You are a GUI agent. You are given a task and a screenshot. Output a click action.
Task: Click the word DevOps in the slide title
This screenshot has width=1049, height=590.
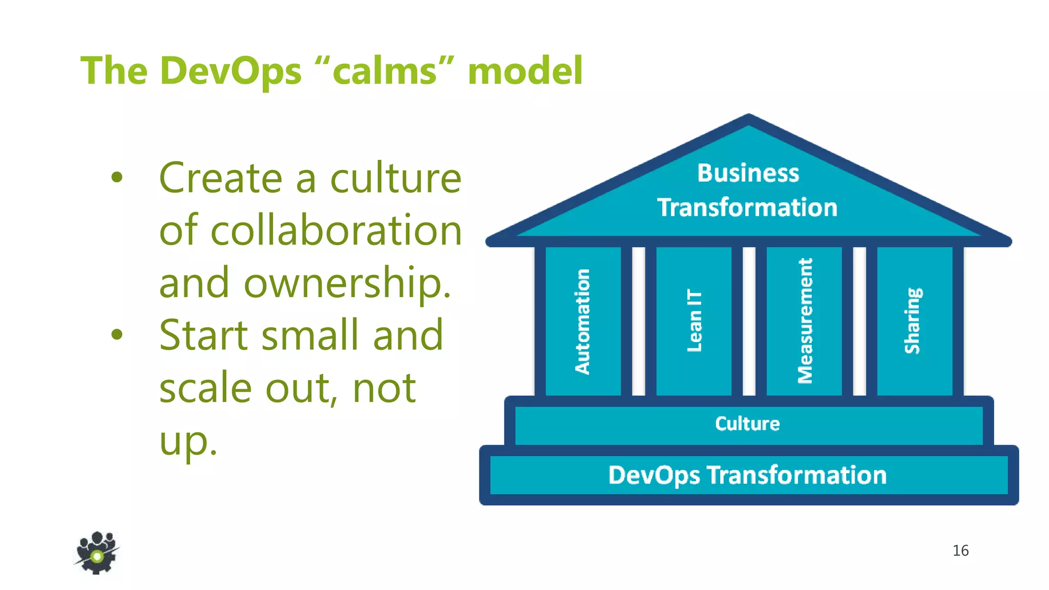[230, 71]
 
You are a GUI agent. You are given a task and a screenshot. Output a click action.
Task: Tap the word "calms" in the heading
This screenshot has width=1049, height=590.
[386, 71]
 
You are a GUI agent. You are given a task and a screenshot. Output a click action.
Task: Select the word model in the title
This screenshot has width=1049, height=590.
[525, 71]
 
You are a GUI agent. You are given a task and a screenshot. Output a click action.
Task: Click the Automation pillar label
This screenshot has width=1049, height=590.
[582, 322]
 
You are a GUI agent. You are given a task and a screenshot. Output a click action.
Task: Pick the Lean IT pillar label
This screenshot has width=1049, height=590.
[694, 321]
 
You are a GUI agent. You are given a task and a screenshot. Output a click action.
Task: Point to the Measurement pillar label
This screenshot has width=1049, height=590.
[805, 321]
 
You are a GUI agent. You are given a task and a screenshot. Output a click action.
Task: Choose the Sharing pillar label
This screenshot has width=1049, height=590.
[913, 321]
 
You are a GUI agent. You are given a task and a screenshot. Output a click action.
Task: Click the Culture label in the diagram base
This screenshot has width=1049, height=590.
[747, 424]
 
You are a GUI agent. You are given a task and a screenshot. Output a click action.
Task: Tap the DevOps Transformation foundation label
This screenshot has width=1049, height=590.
[747, 475]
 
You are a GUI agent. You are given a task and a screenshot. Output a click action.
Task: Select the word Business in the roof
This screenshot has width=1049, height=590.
[748, 173]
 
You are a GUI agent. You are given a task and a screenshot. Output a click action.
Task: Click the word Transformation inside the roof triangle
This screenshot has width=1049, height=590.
[747, 207]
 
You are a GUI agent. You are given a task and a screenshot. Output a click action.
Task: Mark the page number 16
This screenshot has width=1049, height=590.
[960, 551]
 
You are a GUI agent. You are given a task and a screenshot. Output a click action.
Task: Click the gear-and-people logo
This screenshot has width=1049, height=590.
[97, 553]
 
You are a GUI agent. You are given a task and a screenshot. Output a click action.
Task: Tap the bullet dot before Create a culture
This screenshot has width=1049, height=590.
[117, 177]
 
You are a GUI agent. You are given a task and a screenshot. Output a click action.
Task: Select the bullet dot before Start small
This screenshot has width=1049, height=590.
[117, 334]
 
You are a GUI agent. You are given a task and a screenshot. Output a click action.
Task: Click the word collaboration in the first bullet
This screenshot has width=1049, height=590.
[336, 230]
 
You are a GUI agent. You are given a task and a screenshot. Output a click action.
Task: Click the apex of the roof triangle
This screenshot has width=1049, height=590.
[748, 117]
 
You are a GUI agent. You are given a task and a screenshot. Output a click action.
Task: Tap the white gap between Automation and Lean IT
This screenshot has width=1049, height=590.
[638, 321]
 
